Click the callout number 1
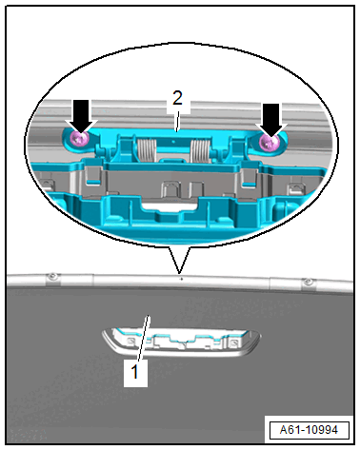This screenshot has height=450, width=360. pos(135,372)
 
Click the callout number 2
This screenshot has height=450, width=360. pos(178,98)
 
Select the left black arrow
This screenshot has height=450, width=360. pos(82,116)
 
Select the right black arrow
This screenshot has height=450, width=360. pos(270,120)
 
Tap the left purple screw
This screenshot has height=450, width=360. pos(79,138)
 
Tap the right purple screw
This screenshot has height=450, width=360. pos(269,142)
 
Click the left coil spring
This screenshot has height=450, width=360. pos(147,149)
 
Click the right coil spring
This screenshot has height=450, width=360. pos(201,150)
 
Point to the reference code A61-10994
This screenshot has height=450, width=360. pos(309,430)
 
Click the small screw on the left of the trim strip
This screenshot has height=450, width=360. pos(52,277)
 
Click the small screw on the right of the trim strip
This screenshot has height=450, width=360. pos(308,282)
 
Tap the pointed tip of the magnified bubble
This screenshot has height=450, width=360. pos(179,273)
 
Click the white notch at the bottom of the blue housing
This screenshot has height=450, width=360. pos(170,207)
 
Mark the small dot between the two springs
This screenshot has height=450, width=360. pos(173,142)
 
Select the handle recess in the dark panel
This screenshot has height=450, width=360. pos(181,342)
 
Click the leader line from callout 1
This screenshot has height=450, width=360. pos(144,338)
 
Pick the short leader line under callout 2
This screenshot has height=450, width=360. pos(178,121)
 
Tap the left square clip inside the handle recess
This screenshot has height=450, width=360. pos(130,342)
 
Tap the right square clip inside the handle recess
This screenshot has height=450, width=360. pos(234,342)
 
